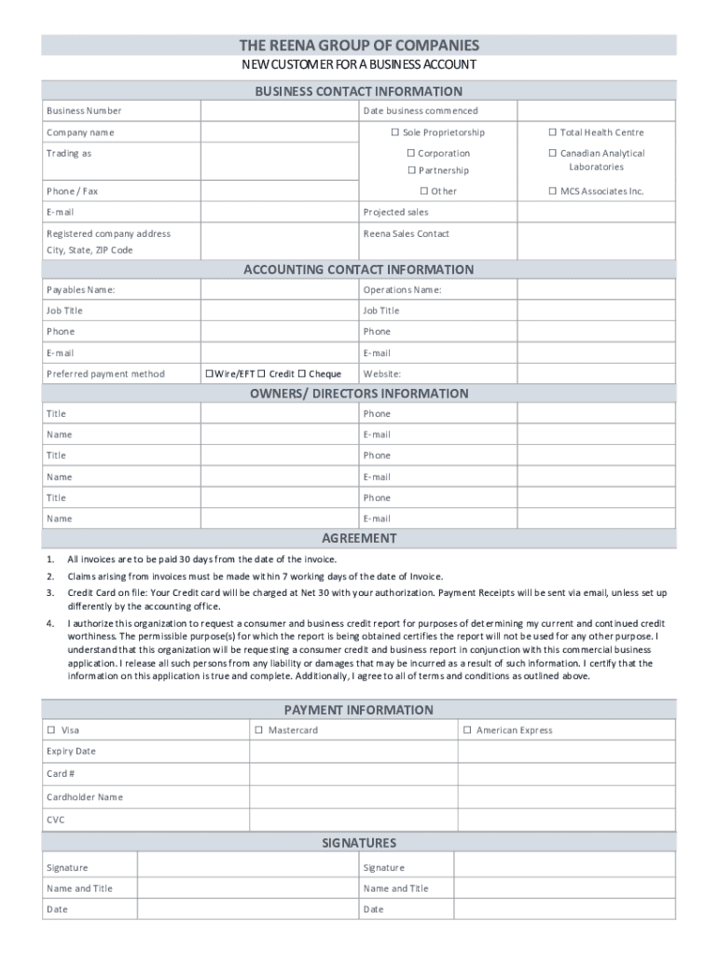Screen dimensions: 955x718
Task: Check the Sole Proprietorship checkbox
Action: pos(394,132)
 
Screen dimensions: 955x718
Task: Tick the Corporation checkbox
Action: pos(409,153)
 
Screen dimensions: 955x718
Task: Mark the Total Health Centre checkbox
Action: pos(552,132)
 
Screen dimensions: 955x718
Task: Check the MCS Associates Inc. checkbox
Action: pos(552,191)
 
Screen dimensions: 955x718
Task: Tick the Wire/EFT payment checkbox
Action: pos(208,374)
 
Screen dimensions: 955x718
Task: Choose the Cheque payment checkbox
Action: pos(301,374)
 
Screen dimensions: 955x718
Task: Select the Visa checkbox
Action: pos(52,730)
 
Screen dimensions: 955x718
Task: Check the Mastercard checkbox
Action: pos(259,730)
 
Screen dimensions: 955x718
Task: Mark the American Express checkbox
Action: pos(467,730)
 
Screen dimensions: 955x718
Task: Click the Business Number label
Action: pos(84,111)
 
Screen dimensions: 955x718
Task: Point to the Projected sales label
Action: pos(395,212)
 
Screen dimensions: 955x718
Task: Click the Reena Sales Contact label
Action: pos(406,233)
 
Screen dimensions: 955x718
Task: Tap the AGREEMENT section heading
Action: pos(359,538)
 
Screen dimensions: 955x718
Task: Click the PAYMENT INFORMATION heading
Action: pos(359,710)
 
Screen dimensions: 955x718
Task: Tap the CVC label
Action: pos(56,821)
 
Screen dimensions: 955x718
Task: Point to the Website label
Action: pos(382,374)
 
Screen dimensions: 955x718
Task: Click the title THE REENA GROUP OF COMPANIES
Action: pos(359,45)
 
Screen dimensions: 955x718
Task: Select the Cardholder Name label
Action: pos(85,797)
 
